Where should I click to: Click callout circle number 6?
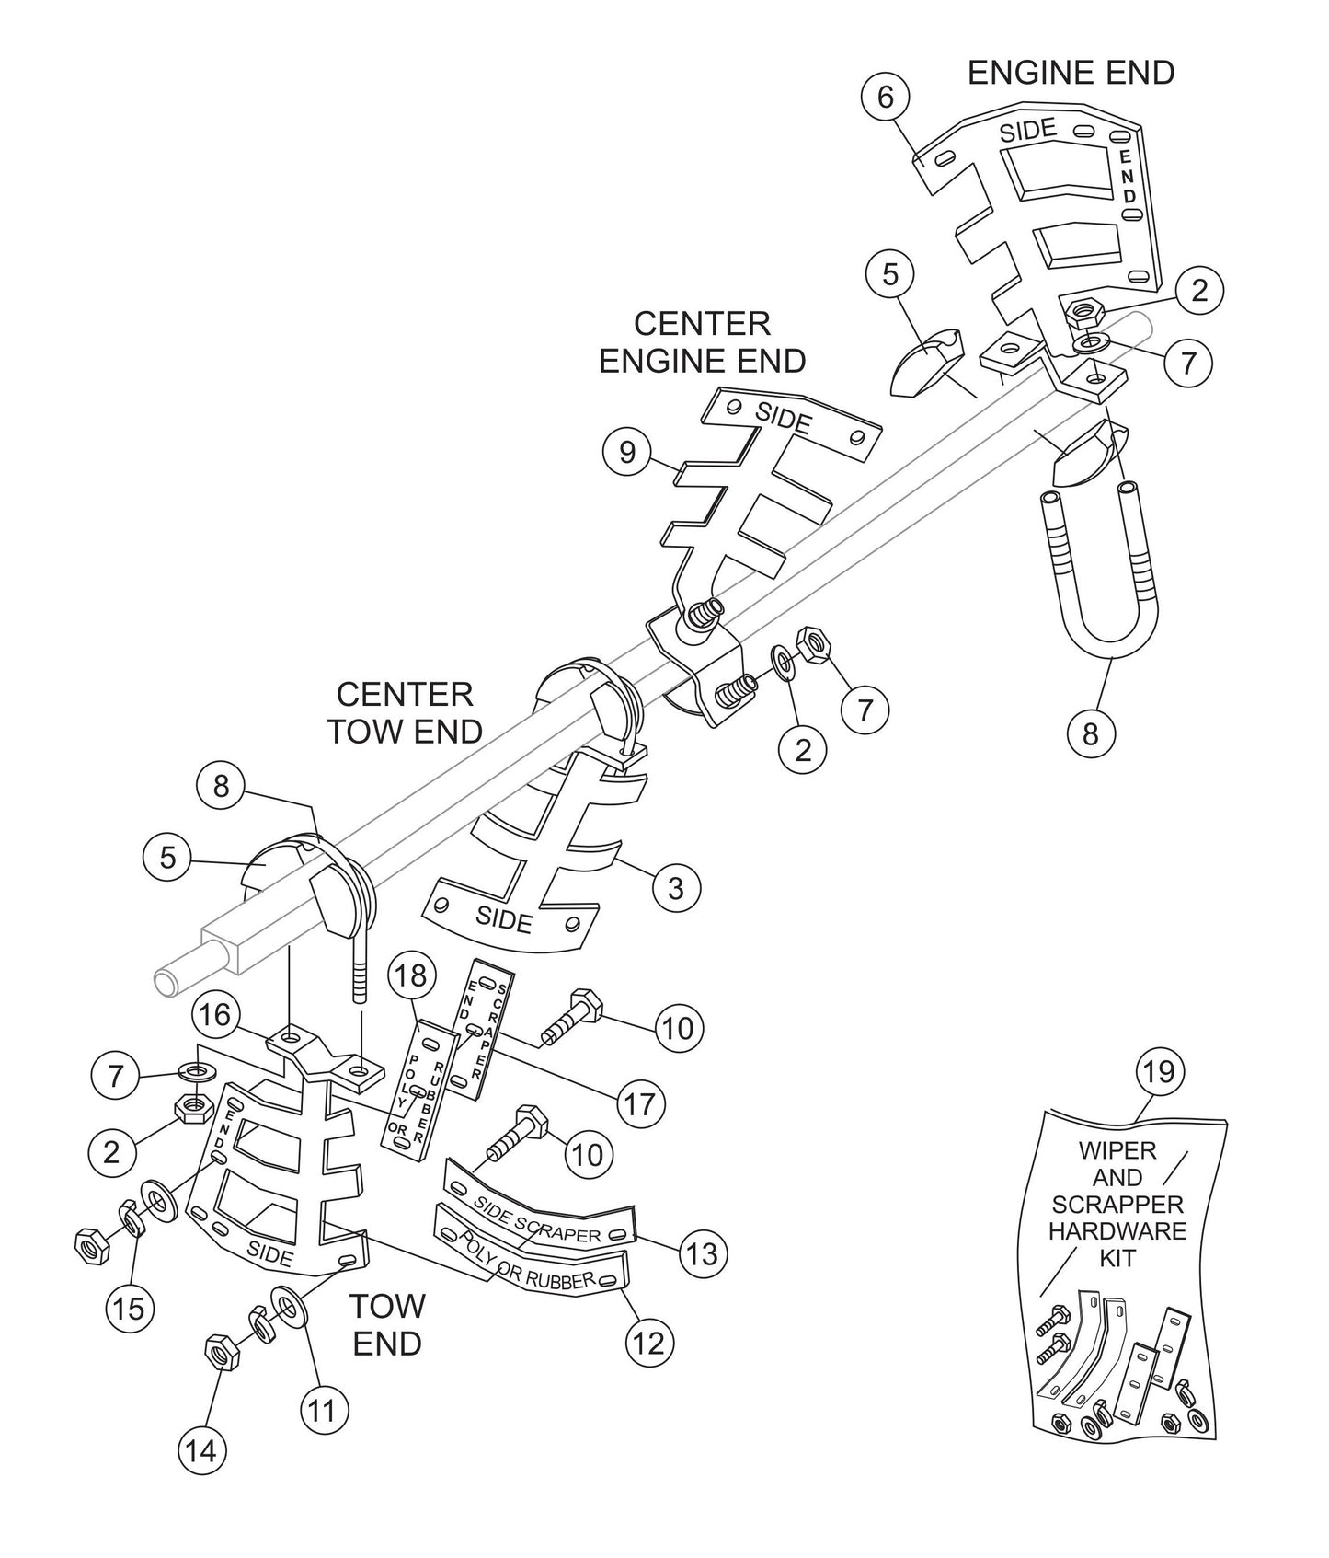pos(885,97)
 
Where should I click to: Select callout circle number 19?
pos(1160,1072)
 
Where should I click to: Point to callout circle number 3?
pos(676,888)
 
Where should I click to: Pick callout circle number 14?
pos(201,1450)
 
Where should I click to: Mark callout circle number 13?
pos(703,1252)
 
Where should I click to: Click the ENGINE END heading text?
pos(1071,73)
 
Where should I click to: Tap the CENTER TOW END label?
pos(405,712)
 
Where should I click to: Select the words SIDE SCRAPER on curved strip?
pos(537,1219)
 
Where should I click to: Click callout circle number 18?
pos(411,976)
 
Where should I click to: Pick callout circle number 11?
pos(322,1409)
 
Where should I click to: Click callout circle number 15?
pos(130,1308)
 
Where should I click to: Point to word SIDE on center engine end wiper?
pos(784,419)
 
